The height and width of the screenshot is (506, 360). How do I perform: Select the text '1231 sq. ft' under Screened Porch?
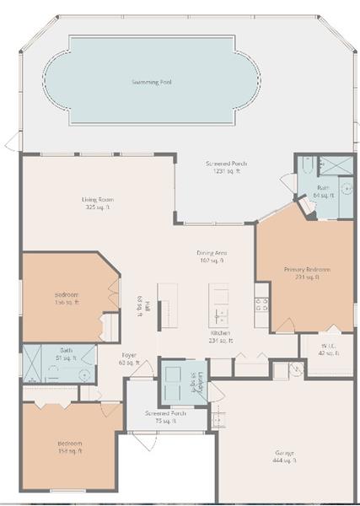pos(227,171)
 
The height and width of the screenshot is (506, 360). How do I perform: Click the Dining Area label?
pos(212,252)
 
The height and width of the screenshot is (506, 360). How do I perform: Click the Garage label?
pos(284,453)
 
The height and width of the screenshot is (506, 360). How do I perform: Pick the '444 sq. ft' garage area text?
pos(284,460)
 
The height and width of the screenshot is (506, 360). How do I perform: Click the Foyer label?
pos(129,355)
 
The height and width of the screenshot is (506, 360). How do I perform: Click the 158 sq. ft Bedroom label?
pos(69,443)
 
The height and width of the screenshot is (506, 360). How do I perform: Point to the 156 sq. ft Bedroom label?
pos(67,294)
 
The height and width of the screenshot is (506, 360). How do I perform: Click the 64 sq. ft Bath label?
pos(323,188)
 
